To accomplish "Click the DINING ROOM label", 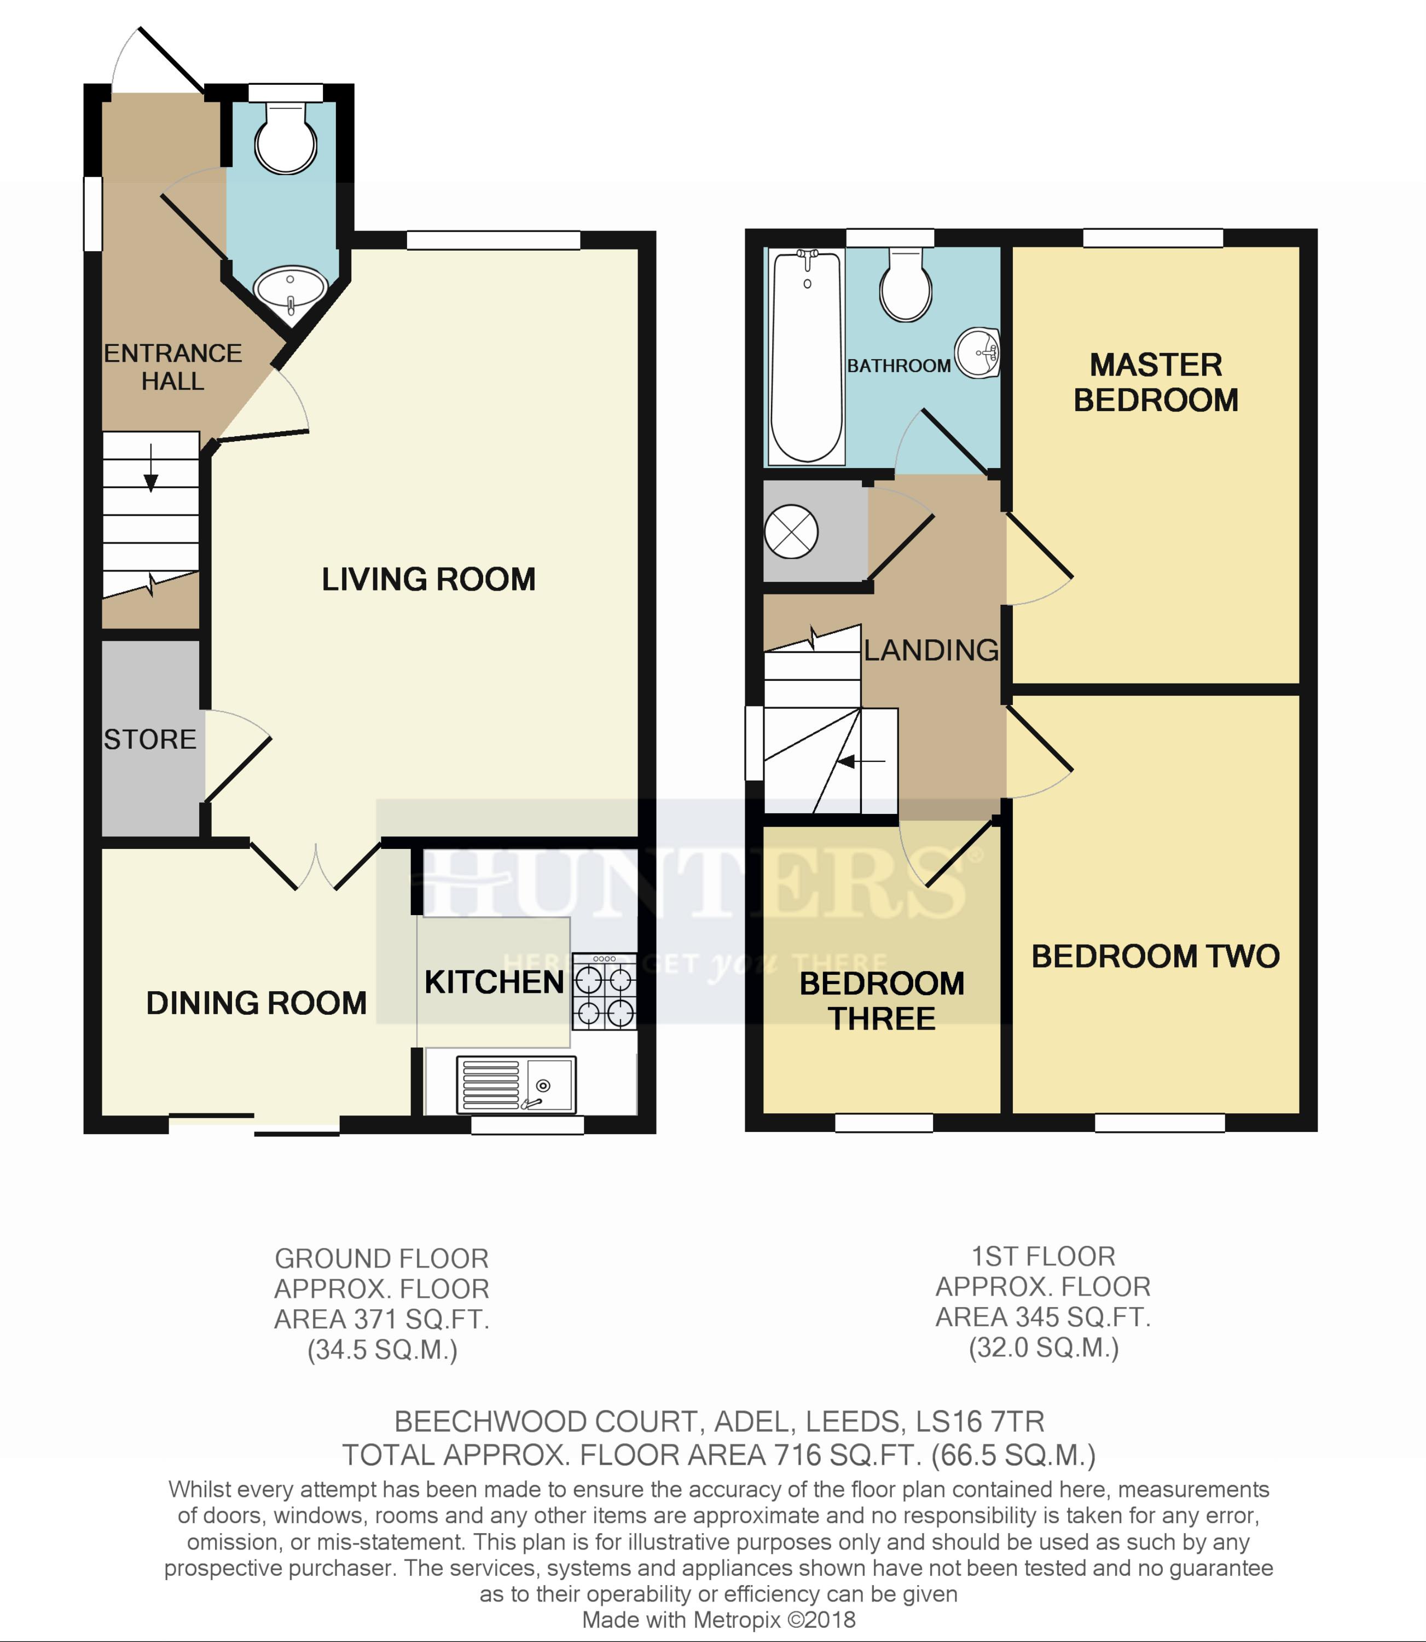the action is point(256,1003).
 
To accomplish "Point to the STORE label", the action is point(149,739).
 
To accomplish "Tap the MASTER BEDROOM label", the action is point(1156,382).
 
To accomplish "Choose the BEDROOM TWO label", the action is point(1156,956).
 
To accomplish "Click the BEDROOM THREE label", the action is point(882,1001).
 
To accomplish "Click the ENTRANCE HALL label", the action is point(173,367).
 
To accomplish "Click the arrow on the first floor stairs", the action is point(861,762).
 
